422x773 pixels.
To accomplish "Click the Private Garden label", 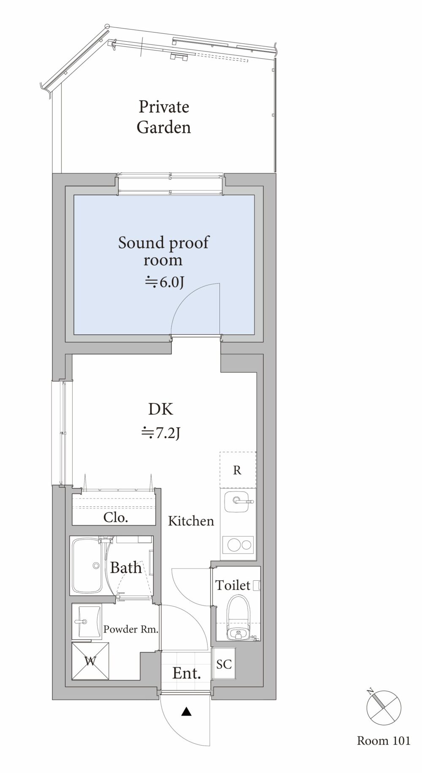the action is pyautogui.click(x=164, y=117).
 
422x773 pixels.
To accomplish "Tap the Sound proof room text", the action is pyautogui.click(x=163, y=251).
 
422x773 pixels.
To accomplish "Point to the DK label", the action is pyautogui.click(x=160, y=409).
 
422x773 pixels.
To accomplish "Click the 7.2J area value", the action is pyautogui.click(x=161, y=433).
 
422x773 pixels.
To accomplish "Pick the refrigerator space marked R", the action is pyautogui.click(x=238, y=470).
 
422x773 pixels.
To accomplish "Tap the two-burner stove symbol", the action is pyautogui.click(x=238, y=545).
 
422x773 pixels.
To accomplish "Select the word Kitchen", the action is pyautogui.click(x=191, y=521).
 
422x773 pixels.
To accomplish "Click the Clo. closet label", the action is pyautogui.click(x=116, y=517).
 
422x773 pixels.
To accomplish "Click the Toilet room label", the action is pyautogui.click(x=233, y=585).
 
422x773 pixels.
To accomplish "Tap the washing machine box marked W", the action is pyautogui.click(x=90, y=661).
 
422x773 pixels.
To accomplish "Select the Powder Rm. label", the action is pyautogui.click(x=131, y=630).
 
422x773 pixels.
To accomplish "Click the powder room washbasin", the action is pyautogui.click(x=87, y=622).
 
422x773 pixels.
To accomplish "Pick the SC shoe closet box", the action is pyautogui.click(x=224, y=664).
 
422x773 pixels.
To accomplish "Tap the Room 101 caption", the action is pyautogui.click(x=384, y=741).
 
